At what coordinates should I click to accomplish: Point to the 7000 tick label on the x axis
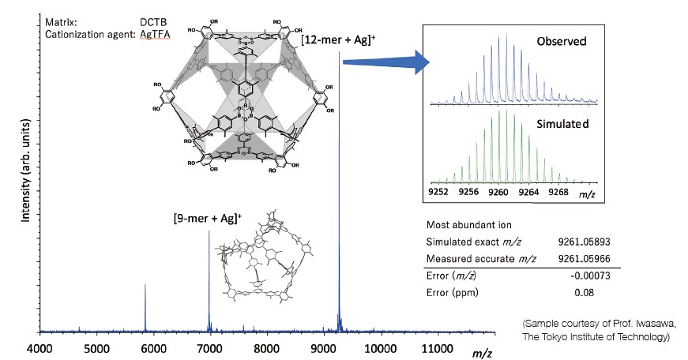(209, 347)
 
